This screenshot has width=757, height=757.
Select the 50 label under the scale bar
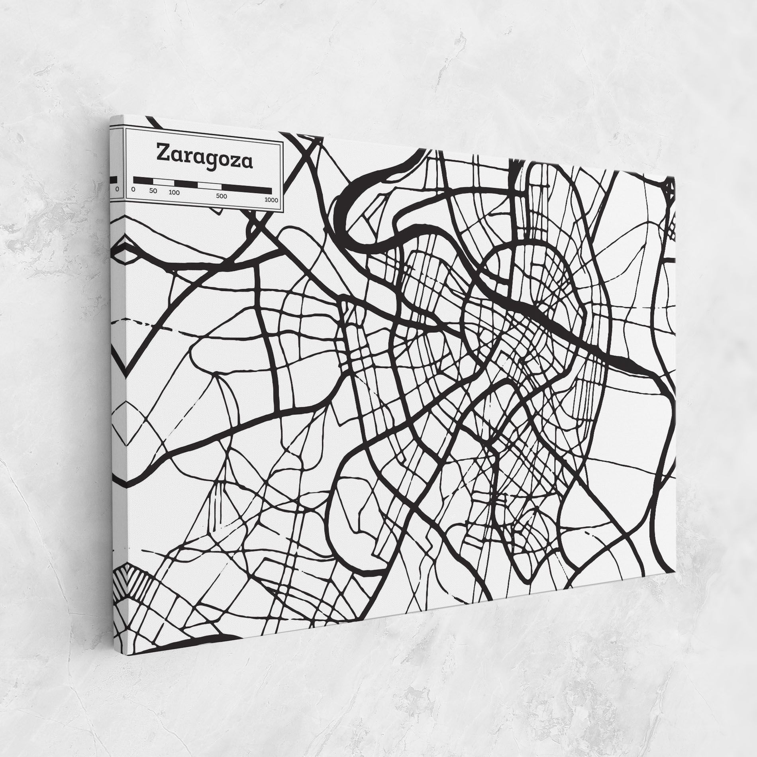pos(153,191)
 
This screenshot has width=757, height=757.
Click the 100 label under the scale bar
pos(174,192)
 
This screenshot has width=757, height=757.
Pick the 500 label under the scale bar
pos(222,196)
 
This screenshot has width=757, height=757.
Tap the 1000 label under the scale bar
pos(271,200)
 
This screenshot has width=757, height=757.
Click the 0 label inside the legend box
pos(133,189)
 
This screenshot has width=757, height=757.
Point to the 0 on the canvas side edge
pos(117,190)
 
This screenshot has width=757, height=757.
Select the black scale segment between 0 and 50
pos(143,180)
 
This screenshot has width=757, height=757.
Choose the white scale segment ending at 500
pos(210,186)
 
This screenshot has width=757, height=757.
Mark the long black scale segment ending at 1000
pos(247,188)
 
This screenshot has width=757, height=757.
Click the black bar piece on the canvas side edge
pos(114,179)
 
